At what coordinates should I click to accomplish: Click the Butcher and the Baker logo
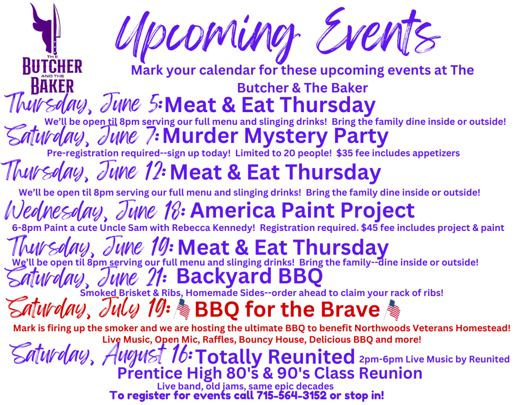click(x=52, y=49)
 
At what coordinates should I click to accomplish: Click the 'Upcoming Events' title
click(x=277, y=33)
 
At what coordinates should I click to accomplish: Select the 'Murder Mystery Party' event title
click(x=275, y=136)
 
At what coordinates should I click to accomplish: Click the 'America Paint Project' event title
click(x=302, y=210)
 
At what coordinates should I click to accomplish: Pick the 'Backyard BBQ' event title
click(x=249, y=276)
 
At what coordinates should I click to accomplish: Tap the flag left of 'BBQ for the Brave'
click(x=183, y=309)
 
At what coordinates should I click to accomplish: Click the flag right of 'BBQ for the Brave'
click(x=392, y=310)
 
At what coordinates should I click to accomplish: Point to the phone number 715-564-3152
click(x=291, y=395)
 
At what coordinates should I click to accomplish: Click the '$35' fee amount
click(x=343, y=153)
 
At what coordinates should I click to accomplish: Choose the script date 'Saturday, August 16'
click(x=101, y=354)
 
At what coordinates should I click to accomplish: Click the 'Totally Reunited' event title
click(x=275, y=356)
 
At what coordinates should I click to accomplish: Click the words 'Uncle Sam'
click(x=124, y=228)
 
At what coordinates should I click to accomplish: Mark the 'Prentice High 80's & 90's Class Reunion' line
click(x=270, y=374)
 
